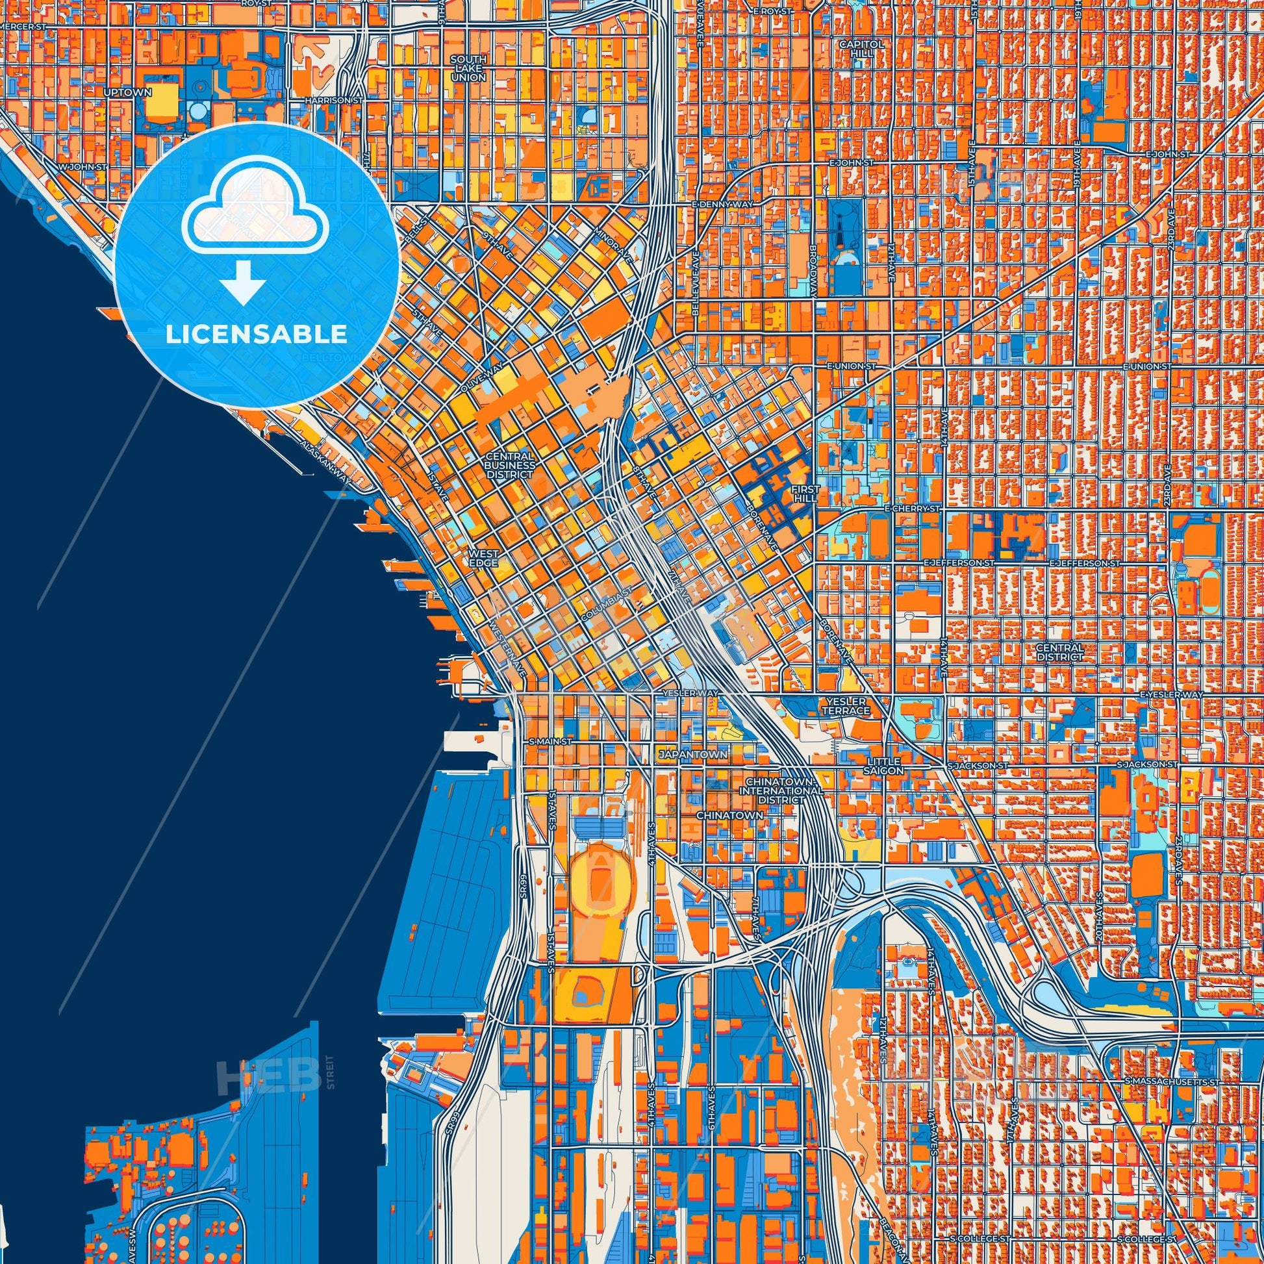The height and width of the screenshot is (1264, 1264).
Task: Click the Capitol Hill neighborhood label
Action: coord(861,49)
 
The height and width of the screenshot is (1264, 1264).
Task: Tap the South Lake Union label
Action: coord(468,68)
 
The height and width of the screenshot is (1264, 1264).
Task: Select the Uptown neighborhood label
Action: coord(127,92)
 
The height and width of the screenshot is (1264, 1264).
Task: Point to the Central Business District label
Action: coord(510,464)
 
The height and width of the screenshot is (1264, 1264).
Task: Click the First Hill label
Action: coord(804,494)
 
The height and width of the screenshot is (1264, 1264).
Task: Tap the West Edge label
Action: coord(483,558)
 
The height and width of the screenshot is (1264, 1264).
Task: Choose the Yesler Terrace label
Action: coord(846,706)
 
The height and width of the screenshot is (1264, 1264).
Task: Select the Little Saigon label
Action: coord(885,766)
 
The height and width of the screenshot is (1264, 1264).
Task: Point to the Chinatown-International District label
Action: coord(781,791)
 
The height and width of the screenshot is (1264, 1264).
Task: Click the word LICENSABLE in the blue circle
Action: coord(257,335)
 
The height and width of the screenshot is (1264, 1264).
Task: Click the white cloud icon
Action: coord(251,220)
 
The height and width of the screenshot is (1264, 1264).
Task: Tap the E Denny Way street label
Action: coord(722,205)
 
